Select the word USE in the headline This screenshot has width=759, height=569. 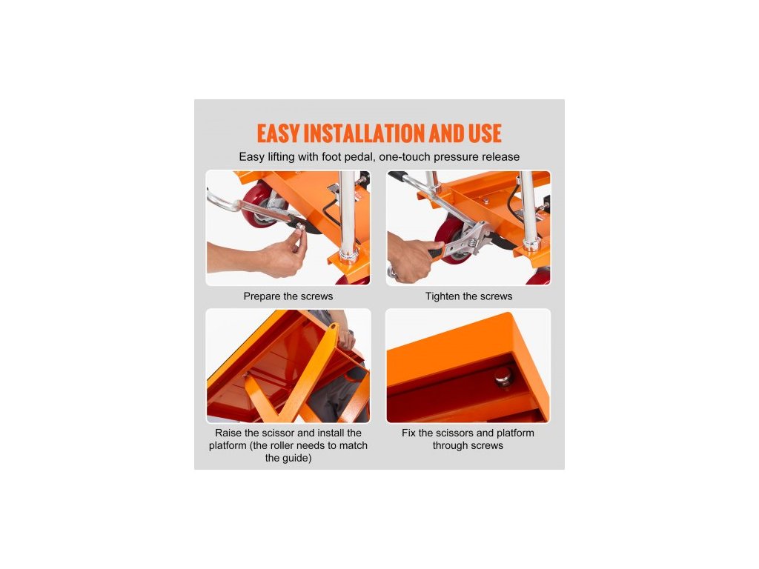484,133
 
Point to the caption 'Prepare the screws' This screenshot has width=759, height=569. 288,296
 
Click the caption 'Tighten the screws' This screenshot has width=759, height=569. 468,296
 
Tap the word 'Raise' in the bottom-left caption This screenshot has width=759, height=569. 227,433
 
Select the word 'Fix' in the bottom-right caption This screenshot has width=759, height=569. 408,433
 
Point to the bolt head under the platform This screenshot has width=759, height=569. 504,376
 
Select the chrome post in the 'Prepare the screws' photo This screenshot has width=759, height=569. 348,216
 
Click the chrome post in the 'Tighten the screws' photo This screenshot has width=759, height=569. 529,211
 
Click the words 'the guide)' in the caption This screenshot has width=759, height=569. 288,458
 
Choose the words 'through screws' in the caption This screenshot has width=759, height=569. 468,445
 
